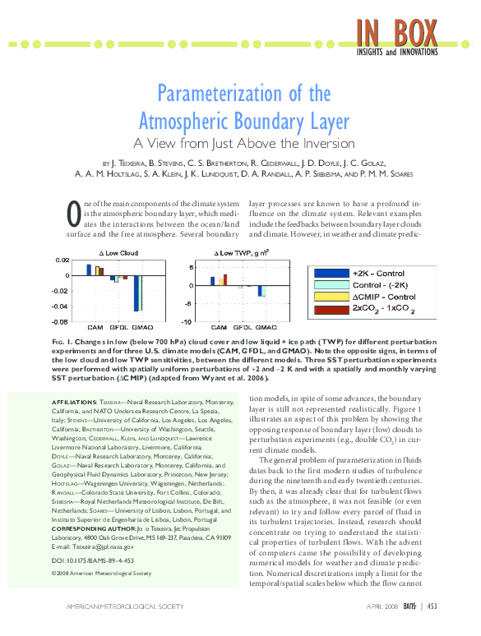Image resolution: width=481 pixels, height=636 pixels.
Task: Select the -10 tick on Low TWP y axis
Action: click(188, 321)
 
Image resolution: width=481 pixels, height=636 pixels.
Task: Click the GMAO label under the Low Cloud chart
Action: click(141, 328)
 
